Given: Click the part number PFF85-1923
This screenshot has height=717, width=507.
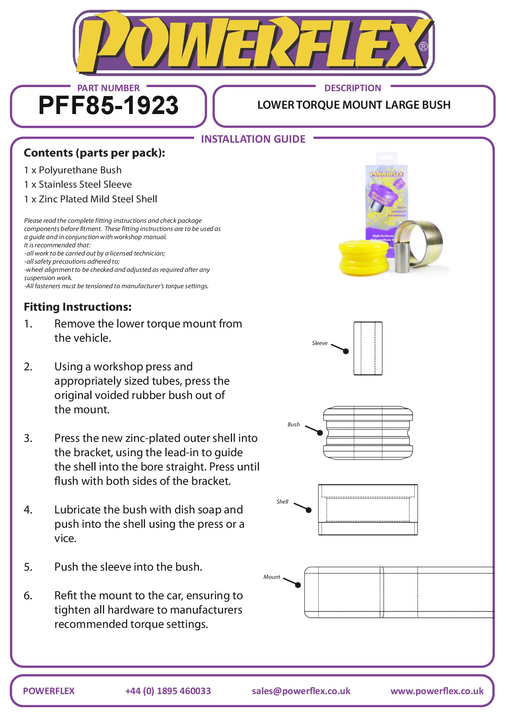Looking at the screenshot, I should point(108,105).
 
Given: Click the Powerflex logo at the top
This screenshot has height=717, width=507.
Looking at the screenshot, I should point(253,43).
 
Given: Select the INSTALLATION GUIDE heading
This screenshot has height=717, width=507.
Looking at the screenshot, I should point(253,139).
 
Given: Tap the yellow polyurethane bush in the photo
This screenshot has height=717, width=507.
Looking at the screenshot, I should point(363,257).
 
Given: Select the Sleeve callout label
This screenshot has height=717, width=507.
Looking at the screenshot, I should point(319,343).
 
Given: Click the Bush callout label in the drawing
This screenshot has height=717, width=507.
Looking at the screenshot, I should point(293,425).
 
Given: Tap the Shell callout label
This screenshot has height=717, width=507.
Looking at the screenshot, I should point(282,502).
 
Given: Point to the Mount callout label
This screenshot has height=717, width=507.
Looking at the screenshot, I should point(272,577).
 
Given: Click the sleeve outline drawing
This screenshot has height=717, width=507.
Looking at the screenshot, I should point(368,348).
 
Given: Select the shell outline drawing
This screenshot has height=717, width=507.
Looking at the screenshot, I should point(368,510).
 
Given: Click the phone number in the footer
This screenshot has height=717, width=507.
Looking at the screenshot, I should point(168,691).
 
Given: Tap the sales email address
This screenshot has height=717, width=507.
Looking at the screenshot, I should point(301,691).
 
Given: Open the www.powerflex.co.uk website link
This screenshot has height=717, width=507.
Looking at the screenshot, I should point(437,691).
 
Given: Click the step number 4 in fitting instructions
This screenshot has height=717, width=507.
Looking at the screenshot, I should point(28,510).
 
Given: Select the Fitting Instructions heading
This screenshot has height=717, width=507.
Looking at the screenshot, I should point(78,307).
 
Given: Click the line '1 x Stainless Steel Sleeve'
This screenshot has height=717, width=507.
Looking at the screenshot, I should point(78,185).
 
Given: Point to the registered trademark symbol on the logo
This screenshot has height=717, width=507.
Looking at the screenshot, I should point(424,47).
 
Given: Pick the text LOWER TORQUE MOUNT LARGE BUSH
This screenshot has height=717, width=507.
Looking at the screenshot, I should point(354,105).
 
